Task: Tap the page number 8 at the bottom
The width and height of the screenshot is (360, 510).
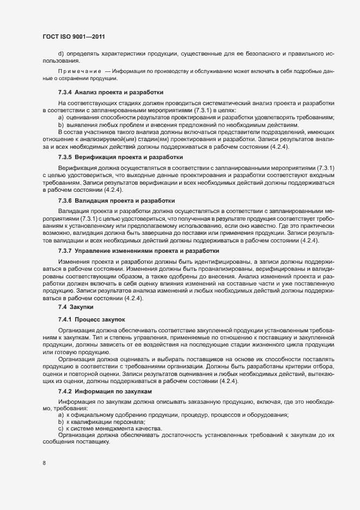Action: [44, 463]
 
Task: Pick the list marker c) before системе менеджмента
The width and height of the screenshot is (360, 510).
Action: [60, 429]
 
